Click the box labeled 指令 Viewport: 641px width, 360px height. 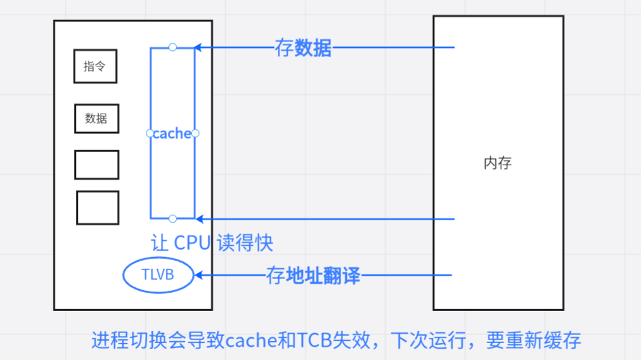pos(96,67)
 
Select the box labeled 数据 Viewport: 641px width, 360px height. pos(97,118)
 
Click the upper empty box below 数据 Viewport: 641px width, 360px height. pos(97,165)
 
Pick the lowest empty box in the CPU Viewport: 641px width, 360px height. pos(97,208)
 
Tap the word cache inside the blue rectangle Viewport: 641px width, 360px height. pos(172,133)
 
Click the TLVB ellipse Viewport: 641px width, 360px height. pos(158,275)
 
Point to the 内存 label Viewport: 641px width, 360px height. pos(498,163)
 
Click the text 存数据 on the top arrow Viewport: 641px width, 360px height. pos(303,48)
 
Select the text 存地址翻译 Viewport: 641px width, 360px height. pos(313,275)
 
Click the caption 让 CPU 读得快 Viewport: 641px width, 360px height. pos(212,243)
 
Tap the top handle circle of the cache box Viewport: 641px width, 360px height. pos(173,47)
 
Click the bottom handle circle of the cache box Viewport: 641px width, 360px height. pos(173,219)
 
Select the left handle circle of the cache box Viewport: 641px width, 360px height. pos(150,133)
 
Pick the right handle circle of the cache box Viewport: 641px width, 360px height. pos(195,133)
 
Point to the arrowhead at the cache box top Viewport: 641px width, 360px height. pos(198,47)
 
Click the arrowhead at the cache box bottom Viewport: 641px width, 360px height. pos(199,219)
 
